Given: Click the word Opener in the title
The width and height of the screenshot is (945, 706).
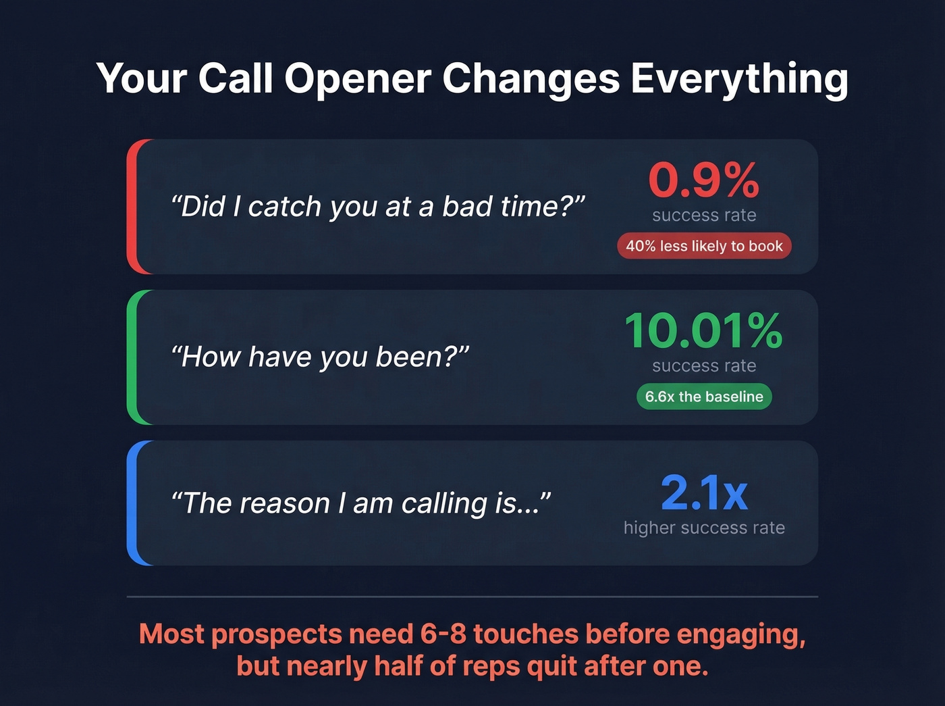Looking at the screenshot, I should [357, 78].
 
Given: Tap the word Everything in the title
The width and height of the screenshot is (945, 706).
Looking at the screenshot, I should [739, 78].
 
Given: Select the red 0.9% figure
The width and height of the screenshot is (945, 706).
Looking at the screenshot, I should [703, 180].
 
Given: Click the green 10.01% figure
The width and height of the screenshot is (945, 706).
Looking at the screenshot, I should [703, 330].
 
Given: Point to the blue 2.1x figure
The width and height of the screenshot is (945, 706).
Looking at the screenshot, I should [703, 493].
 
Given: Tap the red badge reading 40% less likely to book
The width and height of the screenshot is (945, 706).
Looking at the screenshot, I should [703, 246].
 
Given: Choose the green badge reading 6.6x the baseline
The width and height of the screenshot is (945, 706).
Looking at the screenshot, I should [703, 397].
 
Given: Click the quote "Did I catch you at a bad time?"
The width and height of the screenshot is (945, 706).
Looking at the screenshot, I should [378, 207].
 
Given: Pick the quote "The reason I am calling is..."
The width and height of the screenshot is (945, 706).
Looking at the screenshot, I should [361, 503].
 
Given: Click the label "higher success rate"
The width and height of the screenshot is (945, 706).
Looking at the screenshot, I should [703, 528].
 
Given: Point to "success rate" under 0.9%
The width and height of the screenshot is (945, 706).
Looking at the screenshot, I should [703, 216].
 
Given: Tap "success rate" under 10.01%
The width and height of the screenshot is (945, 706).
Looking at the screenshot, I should [703, 366].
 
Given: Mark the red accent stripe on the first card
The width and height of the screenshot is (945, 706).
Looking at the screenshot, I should [132, 207].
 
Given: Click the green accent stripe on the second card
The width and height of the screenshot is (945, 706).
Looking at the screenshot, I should [132, 357].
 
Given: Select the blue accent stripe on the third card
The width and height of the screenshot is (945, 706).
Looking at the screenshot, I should [132, 503].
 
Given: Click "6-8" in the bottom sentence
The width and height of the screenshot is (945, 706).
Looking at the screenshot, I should [443, 634].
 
